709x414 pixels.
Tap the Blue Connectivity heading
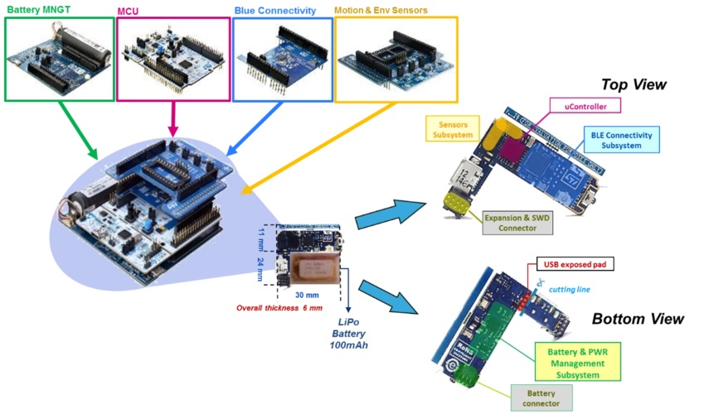pos(274,11)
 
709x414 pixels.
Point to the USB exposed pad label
pos(576,265)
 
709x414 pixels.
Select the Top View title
pos(634,84)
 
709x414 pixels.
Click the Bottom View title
pos(638,319)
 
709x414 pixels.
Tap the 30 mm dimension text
pos(306,294)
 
